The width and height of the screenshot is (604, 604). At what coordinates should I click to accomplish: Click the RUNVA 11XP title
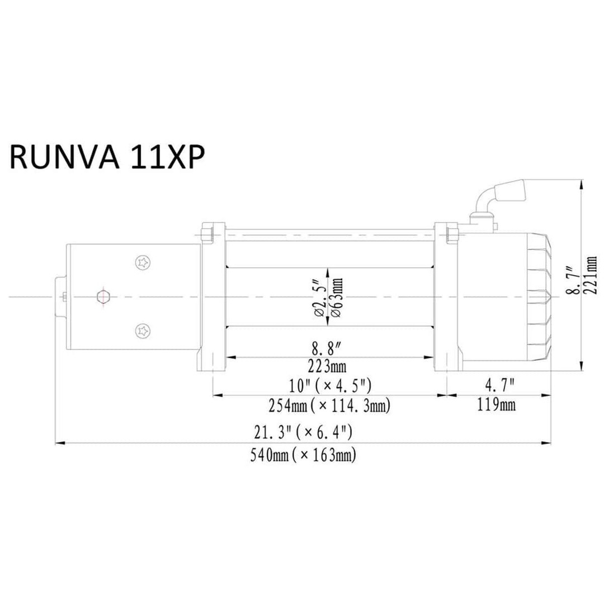(106, 157)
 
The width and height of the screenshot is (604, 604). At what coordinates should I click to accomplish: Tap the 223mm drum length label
(327, 366)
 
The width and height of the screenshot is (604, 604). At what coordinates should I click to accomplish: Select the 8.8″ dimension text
(327, 349)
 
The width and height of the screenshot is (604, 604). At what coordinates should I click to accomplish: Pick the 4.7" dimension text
(499, 384)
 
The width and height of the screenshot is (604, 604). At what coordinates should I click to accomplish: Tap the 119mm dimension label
(496, 404)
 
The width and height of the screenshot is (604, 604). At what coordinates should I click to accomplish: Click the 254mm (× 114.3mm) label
(329, 405)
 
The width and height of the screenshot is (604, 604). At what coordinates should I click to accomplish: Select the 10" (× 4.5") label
(330, 385)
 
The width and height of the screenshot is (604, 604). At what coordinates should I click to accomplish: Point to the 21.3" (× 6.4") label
(303, 432)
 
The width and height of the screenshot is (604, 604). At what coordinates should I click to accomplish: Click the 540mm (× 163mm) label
(303, 455)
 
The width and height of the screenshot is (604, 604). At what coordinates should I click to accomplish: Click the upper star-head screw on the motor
(143, 263)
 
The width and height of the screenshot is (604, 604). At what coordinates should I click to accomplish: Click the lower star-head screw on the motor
(143, 331)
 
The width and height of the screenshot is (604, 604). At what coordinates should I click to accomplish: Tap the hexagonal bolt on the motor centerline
(103, 297)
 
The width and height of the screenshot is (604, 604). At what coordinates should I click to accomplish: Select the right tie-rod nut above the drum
(451, 234)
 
